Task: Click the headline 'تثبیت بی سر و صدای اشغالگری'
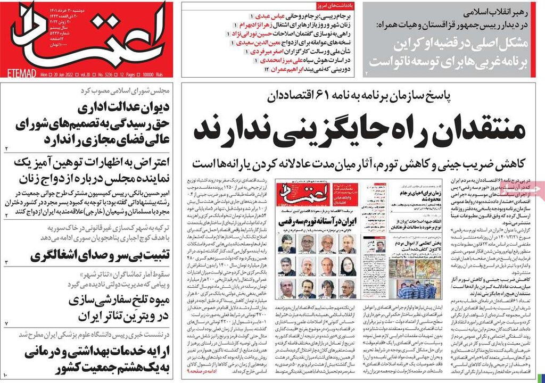(100, 255)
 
